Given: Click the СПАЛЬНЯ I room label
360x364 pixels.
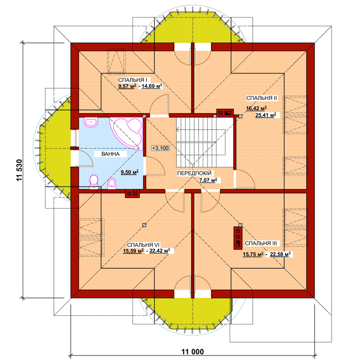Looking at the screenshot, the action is pyautogui.click(x=132, y=80).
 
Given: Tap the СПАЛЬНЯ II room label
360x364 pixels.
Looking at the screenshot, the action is pyautogui.click(x=262, y=98).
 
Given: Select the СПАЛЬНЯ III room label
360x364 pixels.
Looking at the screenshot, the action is pyautogui.click(x=261, y=244).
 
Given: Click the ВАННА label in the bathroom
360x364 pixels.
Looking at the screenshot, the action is pyautogui.click(x=110, y=154).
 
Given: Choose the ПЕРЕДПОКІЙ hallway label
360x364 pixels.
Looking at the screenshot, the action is pyautogui.click(x=194, y=173).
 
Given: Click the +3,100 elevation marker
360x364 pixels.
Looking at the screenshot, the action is pyautogui.click(x=160, y=148).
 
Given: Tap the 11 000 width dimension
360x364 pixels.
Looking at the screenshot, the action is pyautogui.click(x=193, y=352).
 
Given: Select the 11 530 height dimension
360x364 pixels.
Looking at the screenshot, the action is pyautogui.click(x=20, y=170).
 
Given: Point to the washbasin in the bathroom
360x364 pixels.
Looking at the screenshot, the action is pyautogui.click(x=91, y=122).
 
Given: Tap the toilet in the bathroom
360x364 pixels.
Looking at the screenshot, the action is pyautogui.click(x=94, y=181).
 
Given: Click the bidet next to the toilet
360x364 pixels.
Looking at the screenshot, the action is pyautogui.click(x=112, y=184).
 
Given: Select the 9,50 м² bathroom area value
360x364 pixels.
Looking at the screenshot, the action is pyautogui.click(x=130, y=172).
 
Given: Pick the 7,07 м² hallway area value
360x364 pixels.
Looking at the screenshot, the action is pyautogui.click(x=208, y=180).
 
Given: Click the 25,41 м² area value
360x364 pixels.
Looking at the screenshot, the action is pyautogui.click(x=266, y=115).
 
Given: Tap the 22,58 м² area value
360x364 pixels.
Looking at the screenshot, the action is pyautogui.click(x=280, y=255).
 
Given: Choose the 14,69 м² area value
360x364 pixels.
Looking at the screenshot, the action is pyautogui.click(x=151, y=86).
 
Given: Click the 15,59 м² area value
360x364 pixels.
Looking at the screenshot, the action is pyautogui.click(x=133, y=251).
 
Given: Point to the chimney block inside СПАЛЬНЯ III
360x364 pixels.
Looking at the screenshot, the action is pyautogui.click(x=238, y=238).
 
